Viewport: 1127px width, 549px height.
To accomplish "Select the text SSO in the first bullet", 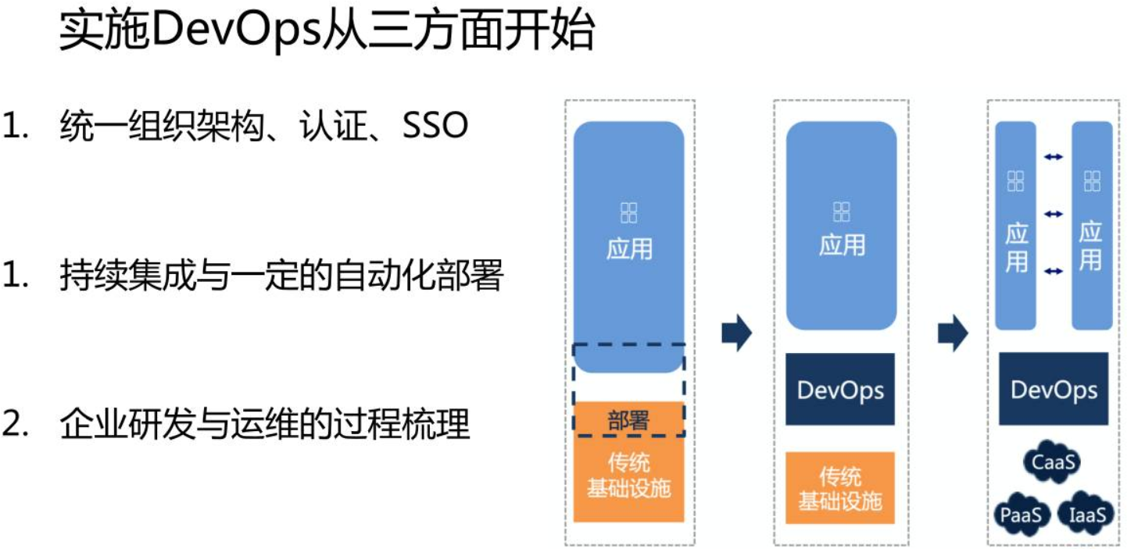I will tap(435, 127).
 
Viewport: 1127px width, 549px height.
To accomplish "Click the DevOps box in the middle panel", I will tap(840, 389).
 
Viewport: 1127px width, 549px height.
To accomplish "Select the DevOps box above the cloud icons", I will tap(1054, 389).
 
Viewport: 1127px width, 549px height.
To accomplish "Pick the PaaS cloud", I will tap(1021, 515).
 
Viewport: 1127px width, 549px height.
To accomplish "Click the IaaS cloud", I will tap(1086, 515).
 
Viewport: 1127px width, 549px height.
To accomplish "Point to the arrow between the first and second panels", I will tap(736, 333).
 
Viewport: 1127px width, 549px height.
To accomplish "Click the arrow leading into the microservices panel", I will tap(953, 333).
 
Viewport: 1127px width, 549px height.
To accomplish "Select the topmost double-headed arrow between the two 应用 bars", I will tap(1054, 158).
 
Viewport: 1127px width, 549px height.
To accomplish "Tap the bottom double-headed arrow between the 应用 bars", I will tap(1054, 270).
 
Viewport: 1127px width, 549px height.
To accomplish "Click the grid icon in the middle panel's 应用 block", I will tap(841, 212).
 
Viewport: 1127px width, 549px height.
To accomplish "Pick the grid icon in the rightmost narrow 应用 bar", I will tap(1092, 182).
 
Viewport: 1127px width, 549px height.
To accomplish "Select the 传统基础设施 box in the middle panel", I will tap(840, 488).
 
